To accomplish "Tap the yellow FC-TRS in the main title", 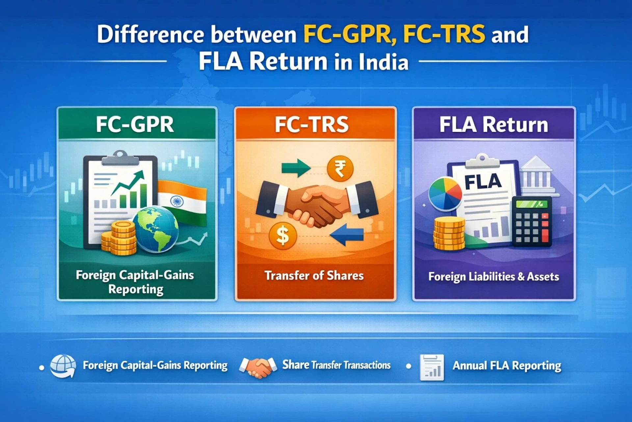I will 444,34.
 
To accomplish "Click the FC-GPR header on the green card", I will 135,125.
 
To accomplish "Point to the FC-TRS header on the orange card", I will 311,125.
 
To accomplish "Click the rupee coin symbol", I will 340,168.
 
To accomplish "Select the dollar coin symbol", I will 282,235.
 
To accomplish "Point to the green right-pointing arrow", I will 295,167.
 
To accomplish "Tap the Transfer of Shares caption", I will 314,276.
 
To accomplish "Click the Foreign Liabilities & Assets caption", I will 493,277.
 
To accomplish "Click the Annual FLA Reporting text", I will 507,366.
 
